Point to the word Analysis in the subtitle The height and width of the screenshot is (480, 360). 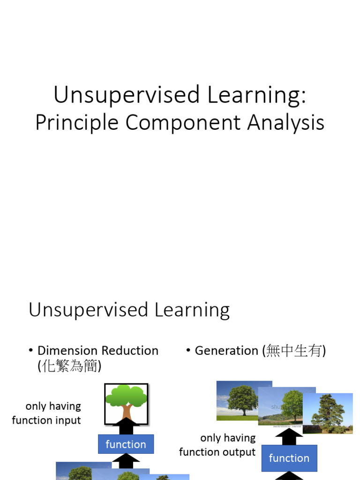286,123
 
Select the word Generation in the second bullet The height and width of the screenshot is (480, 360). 226,351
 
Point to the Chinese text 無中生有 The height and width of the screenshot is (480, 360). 295,351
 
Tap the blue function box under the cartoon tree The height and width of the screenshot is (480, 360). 126,444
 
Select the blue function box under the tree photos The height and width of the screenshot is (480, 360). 289,458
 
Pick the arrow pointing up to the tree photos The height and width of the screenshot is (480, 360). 289,436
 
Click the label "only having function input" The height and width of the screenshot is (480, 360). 46,413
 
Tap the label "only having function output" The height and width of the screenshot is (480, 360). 217,445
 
